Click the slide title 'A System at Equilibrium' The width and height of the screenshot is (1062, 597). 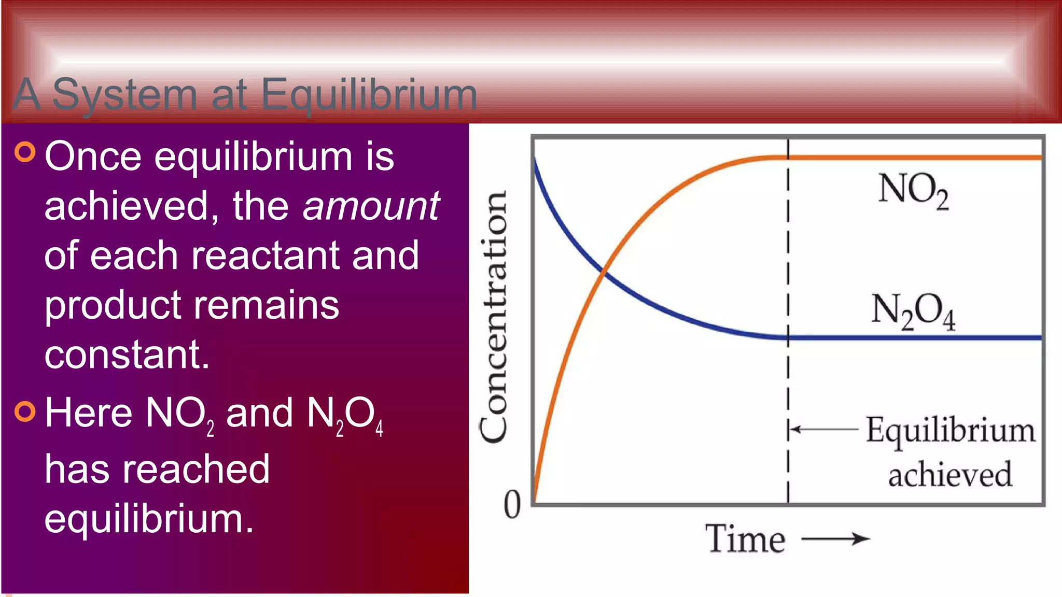tap(245, 94)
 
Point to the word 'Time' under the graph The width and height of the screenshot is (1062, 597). tap(745, 539)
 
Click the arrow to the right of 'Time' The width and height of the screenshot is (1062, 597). tap(835, 539)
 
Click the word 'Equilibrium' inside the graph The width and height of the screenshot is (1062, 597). tap(951, 431)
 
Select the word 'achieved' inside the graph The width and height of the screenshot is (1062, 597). tap(950, 474)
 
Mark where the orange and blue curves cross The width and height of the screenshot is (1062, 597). tap(603, 271)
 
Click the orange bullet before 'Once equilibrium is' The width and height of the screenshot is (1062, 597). tap(25, 152)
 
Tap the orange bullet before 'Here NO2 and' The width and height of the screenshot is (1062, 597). tap(25, 411)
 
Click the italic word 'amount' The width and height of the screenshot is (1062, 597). tap(371, 206)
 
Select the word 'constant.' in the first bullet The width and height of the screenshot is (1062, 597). tap(127, 354)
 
